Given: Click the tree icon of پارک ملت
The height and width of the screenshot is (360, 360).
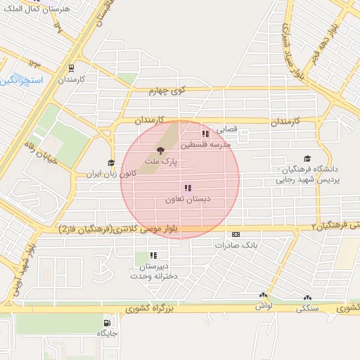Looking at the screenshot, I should (161, 150).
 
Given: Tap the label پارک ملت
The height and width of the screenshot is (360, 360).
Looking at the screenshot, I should (160, 161).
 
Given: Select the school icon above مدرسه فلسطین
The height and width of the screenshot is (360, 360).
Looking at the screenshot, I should (205, 134).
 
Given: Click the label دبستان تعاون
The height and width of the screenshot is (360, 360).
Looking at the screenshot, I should (188, 199).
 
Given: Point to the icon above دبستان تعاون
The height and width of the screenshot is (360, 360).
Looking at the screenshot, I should (188, 188).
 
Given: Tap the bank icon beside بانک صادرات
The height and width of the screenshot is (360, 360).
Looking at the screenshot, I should (236, 235).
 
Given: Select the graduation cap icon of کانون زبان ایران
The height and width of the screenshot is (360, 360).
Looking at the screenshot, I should (111, 163).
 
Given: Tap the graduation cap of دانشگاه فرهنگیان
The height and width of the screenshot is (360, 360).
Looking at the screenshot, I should (307, 160).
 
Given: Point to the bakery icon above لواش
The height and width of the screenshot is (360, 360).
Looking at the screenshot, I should (263, 297).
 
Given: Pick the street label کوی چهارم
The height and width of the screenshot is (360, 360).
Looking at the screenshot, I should (167, 90).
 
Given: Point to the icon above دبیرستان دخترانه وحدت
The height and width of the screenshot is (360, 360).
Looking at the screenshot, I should (154, 256).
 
